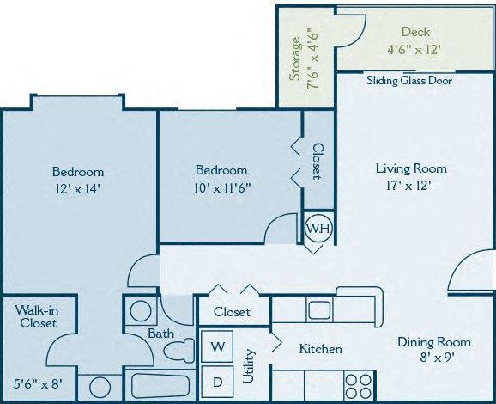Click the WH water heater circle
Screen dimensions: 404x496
(317, 229)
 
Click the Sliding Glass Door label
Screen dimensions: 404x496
(409, 81)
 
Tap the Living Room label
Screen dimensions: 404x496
(411, 168)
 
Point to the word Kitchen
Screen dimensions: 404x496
(320, 349)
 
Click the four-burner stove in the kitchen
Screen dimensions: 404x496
(358, 383)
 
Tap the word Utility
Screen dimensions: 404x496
(250, 366)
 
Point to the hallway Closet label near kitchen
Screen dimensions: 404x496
(232, 312)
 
